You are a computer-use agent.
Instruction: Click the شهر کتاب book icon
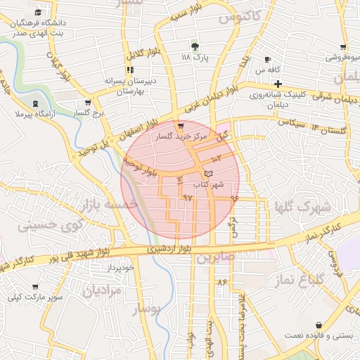coord(207,173)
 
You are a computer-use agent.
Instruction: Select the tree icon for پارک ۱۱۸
coord(196,46)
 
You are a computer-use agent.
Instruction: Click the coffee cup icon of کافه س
coord(267,59)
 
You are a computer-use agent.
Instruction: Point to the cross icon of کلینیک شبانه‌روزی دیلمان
coord(278,84)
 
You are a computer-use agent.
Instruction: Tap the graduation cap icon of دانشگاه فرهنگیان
coord(37,13)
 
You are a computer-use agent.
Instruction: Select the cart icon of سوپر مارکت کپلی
coord(35,287)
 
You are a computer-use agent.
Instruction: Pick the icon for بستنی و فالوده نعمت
coord(321,326)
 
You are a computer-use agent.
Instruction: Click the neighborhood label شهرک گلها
coord(304,207)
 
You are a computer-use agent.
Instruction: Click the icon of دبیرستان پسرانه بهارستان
coord(129,70)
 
